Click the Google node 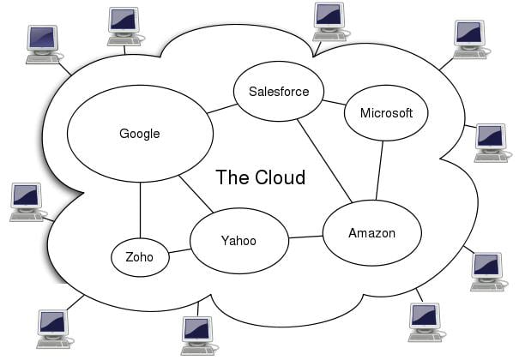pyautogui.click(x=140, y=134)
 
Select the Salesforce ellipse pyautogui.click(x=273, y=92)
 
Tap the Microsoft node pyautogui.click(x=385, y=113)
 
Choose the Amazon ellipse pyautogui.click(x=371, y=233)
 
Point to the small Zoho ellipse pyautogui.click(x=140, y=256)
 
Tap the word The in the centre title pyautogui.click(x=232, y=177)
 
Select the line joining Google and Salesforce pyautogui.click(x=220, y=109)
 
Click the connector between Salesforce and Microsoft pyautogui.click(x=335, y=102)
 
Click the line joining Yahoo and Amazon pyautogui.click(x=305, y=237)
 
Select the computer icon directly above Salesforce pyautogui.click(x=329, y=19)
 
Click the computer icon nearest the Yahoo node pyautogui.click(x=196, y=334)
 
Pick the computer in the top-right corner pyautogui.click(x=470, y=39)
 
